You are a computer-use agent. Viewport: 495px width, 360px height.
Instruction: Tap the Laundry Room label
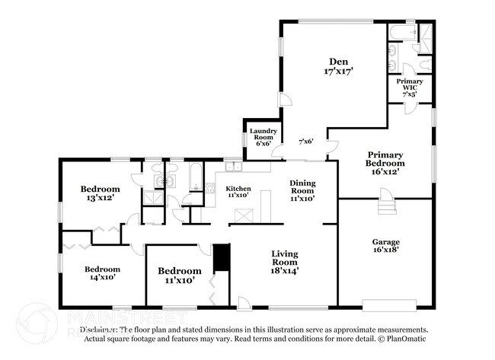263,136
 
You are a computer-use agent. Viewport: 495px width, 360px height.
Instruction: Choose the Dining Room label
302,187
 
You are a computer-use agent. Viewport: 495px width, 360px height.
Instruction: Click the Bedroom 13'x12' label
100,194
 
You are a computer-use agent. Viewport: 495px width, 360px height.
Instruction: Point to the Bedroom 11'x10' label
179,276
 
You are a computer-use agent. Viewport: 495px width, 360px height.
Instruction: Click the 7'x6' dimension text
305,142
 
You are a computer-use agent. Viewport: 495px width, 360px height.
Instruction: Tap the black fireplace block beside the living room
221,257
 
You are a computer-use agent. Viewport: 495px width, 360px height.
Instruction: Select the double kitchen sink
233,167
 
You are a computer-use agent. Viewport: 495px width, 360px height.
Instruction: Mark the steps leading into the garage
388,203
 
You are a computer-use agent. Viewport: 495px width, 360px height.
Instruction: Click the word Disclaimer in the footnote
100,330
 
